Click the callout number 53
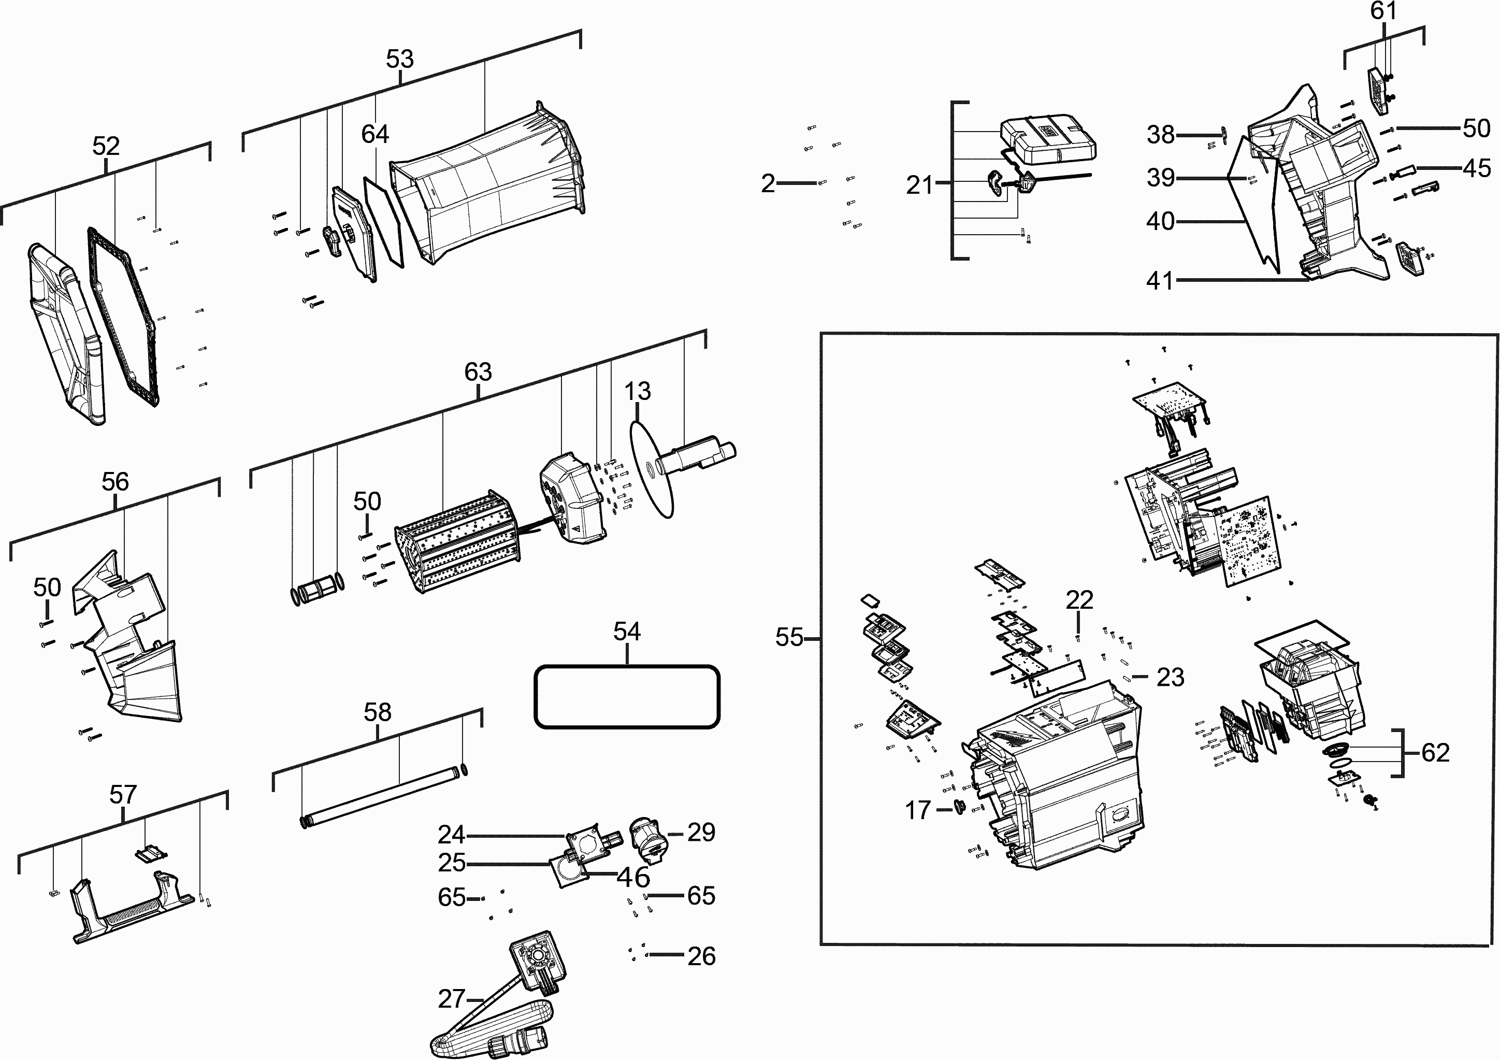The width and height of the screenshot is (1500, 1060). (400, 59)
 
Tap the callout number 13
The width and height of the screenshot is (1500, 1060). (638, 392)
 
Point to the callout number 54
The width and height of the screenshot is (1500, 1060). (627, 632)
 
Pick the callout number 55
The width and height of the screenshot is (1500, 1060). (789, 637)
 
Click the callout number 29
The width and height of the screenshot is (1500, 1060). (701, 832)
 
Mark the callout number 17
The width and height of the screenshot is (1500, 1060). (918, 810)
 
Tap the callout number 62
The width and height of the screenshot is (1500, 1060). (1436, 753)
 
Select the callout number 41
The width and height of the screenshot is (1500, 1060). (1160, 281)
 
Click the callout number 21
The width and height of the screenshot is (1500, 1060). (920, 185)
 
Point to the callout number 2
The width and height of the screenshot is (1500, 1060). (768, 183)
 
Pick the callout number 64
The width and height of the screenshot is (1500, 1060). (375, 134)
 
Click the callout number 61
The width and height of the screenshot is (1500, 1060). (1383, 11)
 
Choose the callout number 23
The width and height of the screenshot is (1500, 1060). (1170, 677)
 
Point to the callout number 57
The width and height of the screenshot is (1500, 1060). (123, 795)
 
